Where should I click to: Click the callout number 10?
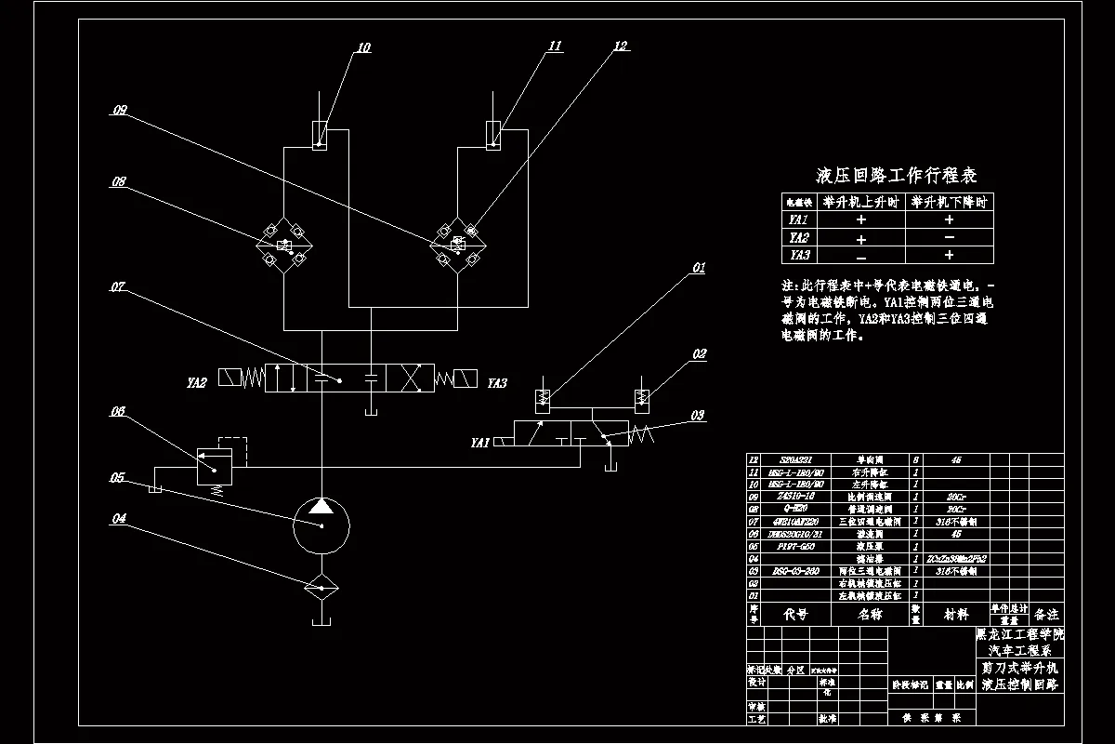click(x=363, y=47)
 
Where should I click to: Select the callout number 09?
click(x=120, y=111)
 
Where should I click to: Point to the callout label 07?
click(x=118, y=287)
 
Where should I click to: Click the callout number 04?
click(x=118, y=519)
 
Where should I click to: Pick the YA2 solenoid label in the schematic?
click(x=197, y=381)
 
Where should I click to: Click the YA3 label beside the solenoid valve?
click(x=497, y=382)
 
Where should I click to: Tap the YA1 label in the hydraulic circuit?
click(x=479, y=443)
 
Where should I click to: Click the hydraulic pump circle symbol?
click(x=321, y=525)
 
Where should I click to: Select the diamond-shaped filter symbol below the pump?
click(x=321, y=585)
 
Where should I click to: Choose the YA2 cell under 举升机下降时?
click(x=949, y=238)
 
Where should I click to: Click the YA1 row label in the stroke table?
click(x=798, y=220)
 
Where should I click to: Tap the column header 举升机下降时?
click(x=949, y=202)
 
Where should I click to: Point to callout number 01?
click(x=698, y=269)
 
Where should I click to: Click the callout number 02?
click(x=699, y=354)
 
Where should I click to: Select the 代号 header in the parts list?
click(x=796, y=615)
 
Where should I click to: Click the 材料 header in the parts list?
click(x=955, y=615)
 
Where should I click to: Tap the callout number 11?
click(x=555, y=46)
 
